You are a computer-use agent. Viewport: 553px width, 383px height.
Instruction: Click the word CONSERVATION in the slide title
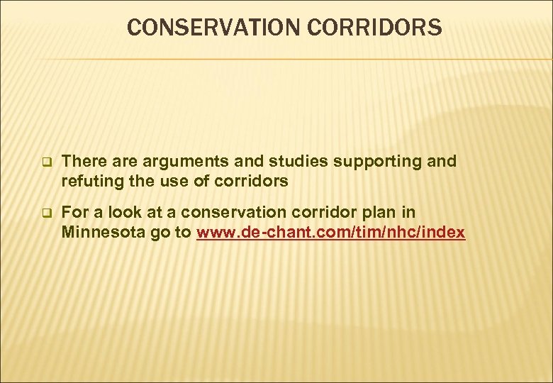coord(205,28)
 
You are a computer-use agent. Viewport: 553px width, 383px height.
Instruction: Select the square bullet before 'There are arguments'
coord(47,162)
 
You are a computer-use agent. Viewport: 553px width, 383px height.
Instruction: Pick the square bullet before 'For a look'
coord(47,212)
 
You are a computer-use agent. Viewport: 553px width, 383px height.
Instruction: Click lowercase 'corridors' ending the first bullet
coord(247,181)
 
